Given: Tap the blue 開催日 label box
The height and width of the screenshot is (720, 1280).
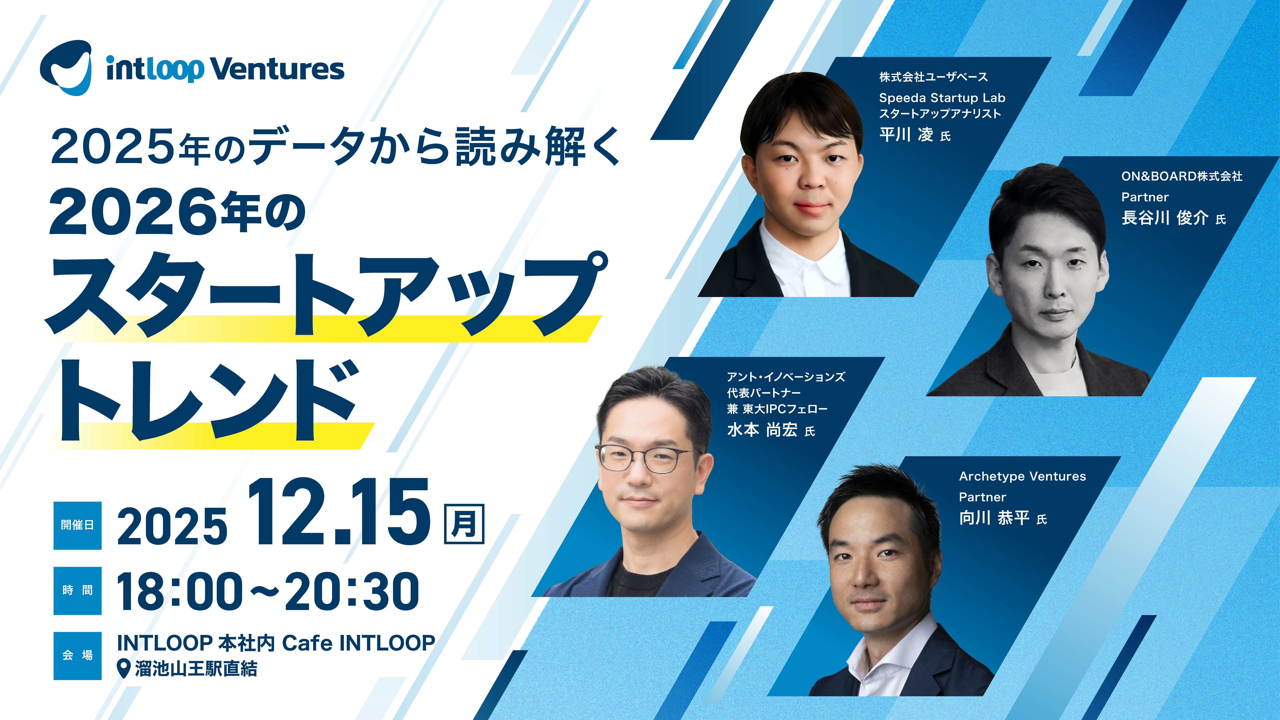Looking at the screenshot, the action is click(x=78, y=525).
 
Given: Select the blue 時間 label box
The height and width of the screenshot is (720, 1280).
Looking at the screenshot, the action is click(x=78, y=590).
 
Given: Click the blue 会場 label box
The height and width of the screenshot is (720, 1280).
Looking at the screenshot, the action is click(x=78, y=655).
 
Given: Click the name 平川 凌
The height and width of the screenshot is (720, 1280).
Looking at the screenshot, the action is click(x=906, y=135).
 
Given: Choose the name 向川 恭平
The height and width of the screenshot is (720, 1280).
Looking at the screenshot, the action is click(x=994, y=518).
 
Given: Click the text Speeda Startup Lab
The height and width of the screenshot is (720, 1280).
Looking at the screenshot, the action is click(x=942, y=98).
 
